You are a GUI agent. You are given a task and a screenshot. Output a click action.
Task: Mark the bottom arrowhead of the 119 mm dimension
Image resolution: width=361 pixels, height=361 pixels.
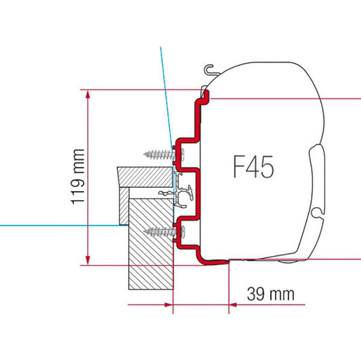point(88,260)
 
